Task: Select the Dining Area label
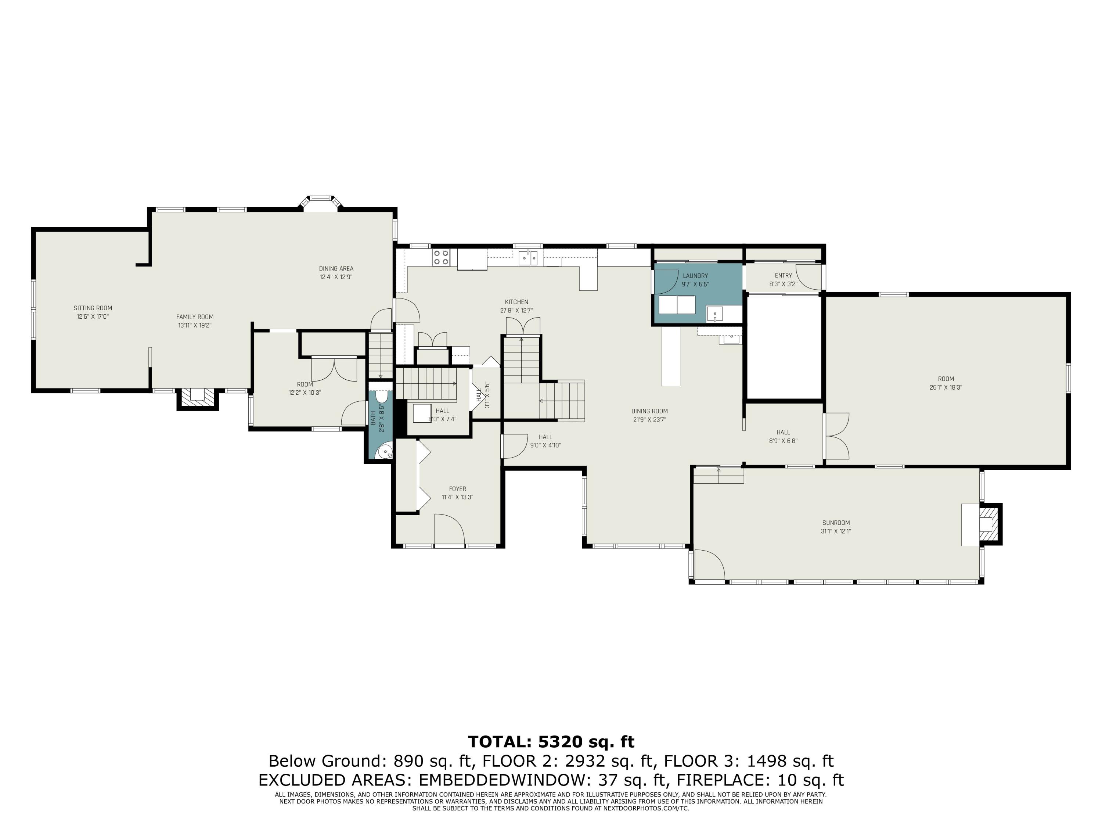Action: coord(336,269)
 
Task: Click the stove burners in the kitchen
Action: coord(440,257)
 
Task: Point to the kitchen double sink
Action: coord(528,258)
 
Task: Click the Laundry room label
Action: coord(695,276)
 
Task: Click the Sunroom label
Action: coord(836,523)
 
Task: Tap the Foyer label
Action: coord(457,489)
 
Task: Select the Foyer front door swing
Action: coord(449,531)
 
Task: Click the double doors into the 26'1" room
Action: coord(837,436)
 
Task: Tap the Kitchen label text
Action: coord(516,302)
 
